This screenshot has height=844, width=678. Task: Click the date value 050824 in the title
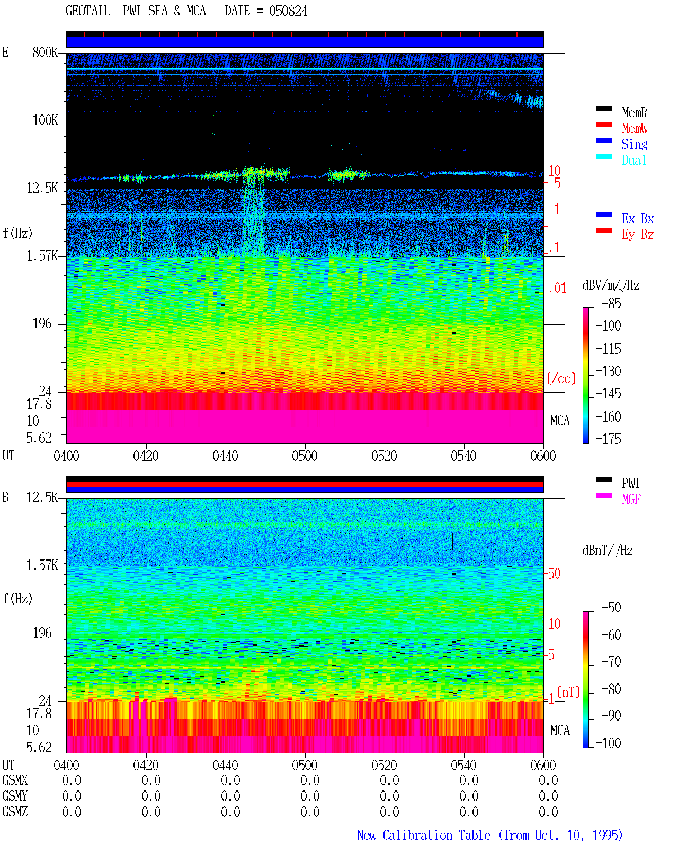coord(288,11)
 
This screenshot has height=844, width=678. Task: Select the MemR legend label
coord(634,112)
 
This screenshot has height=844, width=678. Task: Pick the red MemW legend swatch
coord(603,125)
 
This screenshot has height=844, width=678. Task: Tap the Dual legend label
coord(634,160)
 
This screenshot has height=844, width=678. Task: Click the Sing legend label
coord(634,144)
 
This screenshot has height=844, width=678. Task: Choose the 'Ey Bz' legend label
coord(637,235)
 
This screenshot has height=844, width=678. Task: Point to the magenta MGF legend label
coord(631,499)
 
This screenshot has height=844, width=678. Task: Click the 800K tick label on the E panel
coord(44,52)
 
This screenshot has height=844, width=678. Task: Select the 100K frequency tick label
coord(44,120)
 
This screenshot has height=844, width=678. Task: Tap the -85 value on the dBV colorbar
coord(611,304)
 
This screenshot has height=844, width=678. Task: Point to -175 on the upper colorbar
coord(608,439)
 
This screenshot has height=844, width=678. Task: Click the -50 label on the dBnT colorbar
coord(611,608)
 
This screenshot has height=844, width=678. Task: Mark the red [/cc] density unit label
coord(561,378)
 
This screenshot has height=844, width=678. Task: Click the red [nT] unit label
coord(568,692)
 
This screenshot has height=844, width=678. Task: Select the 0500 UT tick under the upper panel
coord(305,456)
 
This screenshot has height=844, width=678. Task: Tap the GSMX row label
coord(15,780)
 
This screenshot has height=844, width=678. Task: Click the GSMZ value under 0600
coord(548,812)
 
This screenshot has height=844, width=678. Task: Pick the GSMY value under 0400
coord(72,796)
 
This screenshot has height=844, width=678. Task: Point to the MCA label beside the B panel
coord(560,730)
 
